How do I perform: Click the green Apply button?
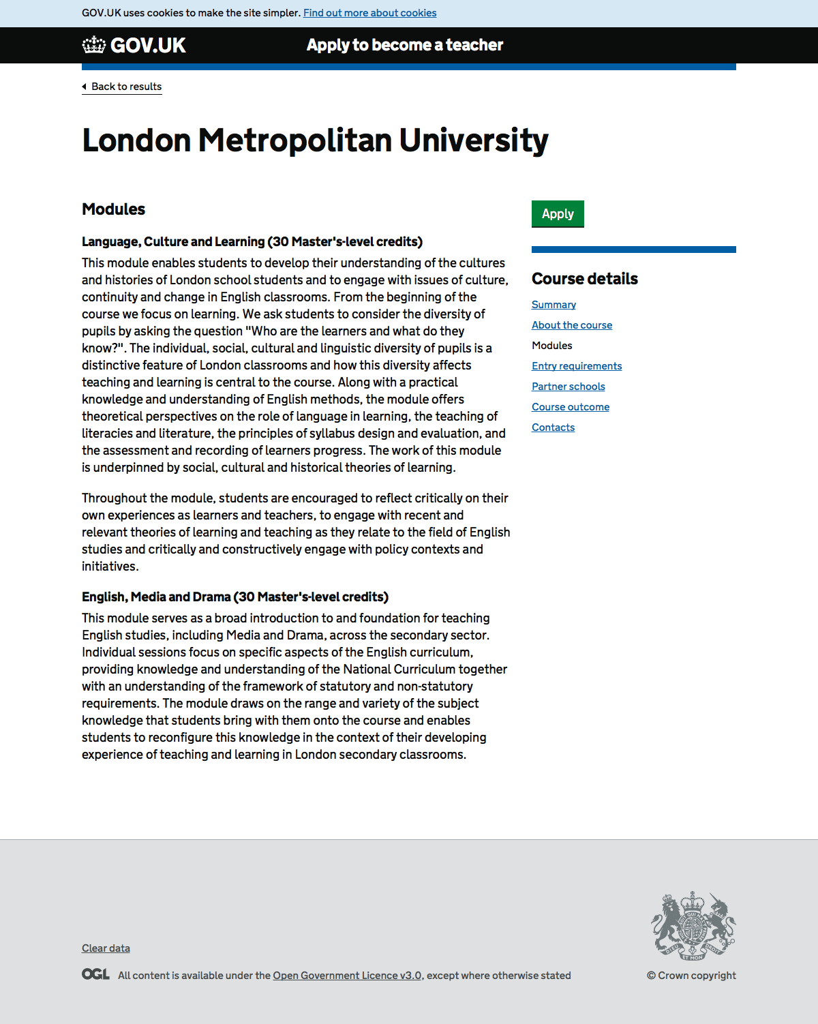558,214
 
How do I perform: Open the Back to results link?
126,87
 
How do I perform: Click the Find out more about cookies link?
369,13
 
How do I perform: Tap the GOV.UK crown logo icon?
94,45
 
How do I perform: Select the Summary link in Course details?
554,305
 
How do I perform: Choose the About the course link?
572,325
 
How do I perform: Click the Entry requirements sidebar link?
577,366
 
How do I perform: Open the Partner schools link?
569,387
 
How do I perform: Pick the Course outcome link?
571,407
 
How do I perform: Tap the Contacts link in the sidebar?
553,427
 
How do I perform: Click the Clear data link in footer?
106,948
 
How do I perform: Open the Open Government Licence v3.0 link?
347,976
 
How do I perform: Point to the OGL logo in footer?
95,974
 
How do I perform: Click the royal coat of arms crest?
693,926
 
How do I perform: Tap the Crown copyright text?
691,976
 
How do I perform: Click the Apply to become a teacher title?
405,45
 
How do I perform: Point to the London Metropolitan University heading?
315,140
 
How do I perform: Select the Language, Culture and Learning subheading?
252,242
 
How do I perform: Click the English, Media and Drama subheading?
235,597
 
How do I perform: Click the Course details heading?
585,279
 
